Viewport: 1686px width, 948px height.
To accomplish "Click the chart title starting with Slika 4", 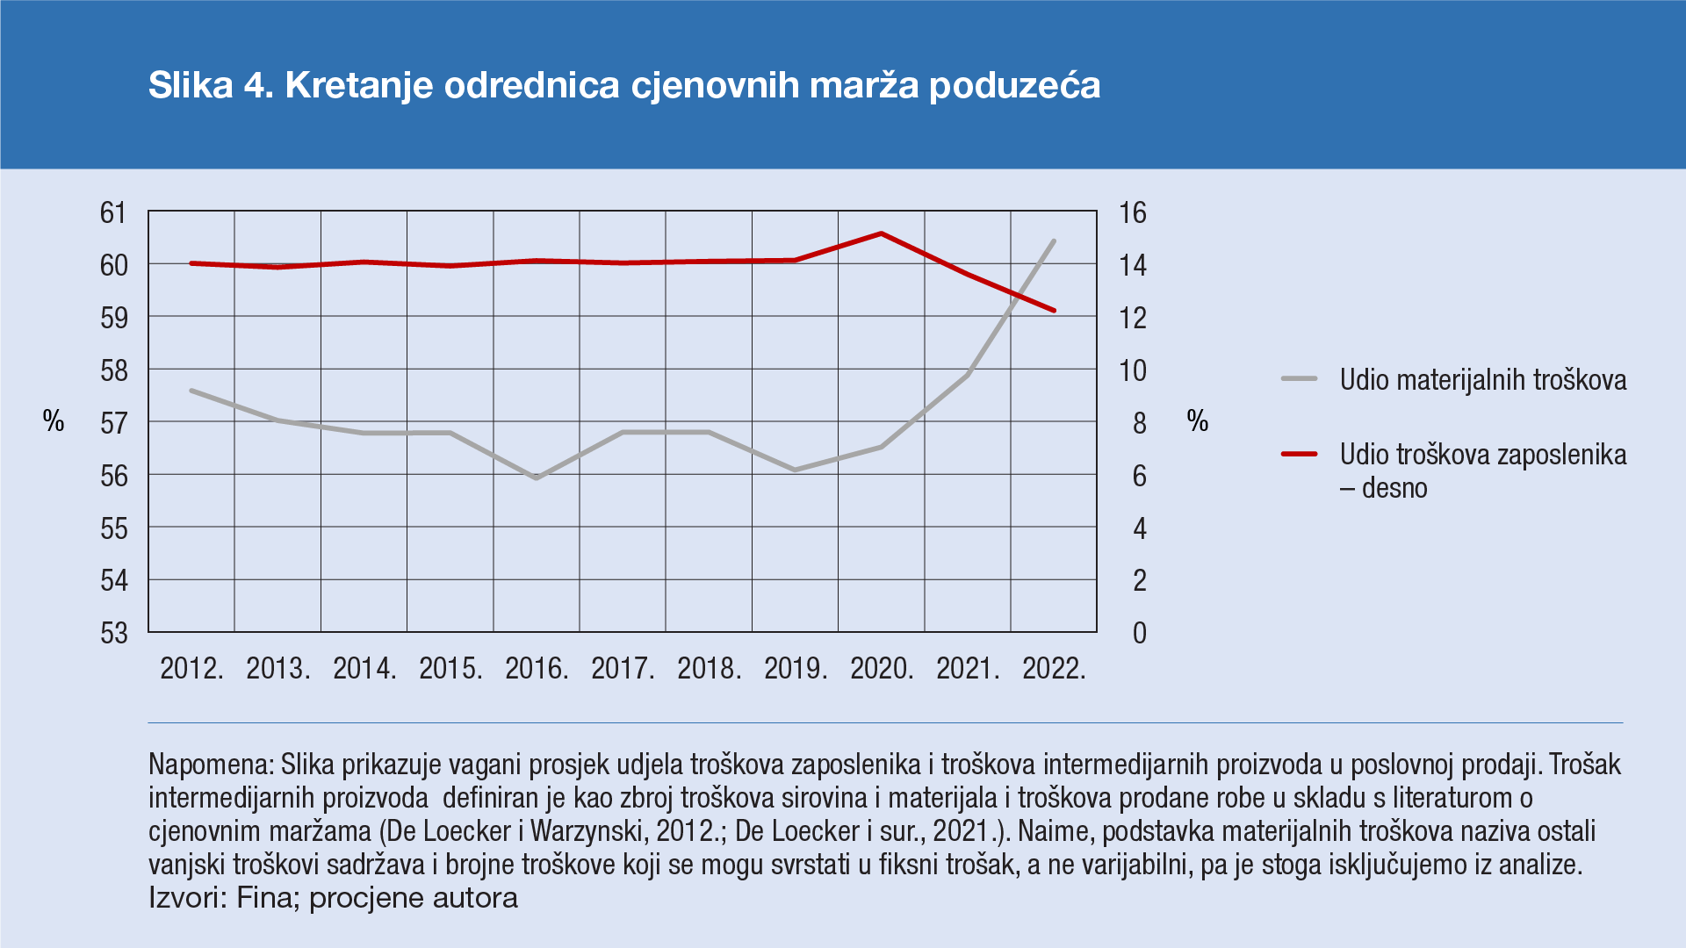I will (x=623, y=85).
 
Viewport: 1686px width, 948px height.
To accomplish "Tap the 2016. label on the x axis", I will (x=537, y=669).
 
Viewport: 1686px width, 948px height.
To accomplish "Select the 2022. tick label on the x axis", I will (x=1054, y=669).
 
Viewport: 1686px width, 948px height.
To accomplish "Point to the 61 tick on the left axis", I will (x=113, y=212).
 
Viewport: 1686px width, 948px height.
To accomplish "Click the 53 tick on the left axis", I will (x=113, y=633).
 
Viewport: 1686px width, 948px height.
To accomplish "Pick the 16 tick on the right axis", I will (x=1132, y=212).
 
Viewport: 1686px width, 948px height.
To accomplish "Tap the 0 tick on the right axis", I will (x=1139, y=633).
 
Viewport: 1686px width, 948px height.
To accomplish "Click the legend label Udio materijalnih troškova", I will (x=1482, y=379).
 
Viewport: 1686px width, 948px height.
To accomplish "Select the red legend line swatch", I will (x=1299, y=454).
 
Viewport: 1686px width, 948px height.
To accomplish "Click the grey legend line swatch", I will (x=1299, y=379).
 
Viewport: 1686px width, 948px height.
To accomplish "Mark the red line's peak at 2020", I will (x=881, y=233).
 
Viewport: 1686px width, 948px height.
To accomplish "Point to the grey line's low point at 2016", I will (x=536, y=478).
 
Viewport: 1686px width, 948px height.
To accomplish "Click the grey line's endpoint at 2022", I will (x=1054, y=241).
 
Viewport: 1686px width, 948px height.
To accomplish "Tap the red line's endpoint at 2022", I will (x=1054, y=310).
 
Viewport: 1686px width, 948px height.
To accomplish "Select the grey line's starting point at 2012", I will (x=191, y=391).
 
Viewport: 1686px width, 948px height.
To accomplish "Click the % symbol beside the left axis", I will (x=54, y=421).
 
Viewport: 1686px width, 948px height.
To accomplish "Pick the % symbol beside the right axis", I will (x=1198, y=421).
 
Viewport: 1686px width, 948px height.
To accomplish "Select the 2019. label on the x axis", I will (x=796, y=669).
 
